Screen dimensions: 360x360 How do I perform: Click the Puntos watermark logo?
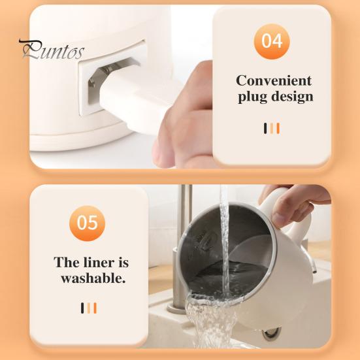[x=52, y=50]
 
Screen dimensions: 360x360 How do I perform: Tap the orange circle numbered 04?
[x=272, y=41]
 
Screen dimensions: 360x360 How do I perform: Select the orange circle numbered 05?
[x=88, y=223]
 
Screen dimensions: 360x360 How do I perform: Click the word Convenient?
[x=274, y=80]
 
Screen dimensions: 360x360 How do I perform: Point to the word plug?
[x=252, y=97]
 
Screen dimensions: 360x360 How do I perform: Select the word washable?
[x=93, y=278]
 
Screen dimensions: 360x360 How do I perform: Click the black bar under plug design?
[x=265, y=128]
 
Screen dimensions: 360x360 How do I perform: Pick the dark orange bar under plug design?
[x=278, y=128]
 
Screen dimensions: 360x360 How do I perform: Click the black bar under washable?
[x=82, y=308]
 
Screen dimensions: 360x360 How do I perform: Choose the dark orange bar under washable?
[x=95, y=308]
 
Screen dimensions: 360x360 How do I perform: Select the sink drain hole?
[x=271, y=334]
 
